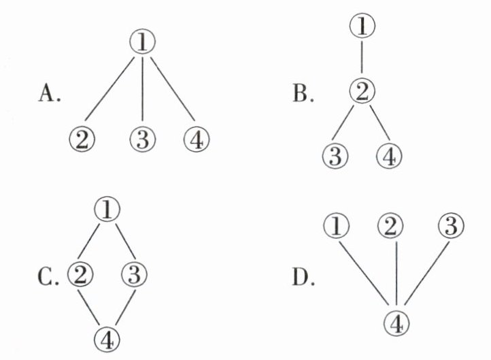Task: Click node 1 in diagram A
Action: click(142, 43)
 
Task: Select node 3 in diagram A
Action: click(141, 142)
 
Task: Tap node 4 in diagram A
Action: click(197, 142)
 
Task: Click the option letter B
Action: click(301, 93)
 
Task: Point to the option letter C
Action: click(48, 279)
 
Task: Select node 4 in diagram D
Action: click(397, 320)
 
